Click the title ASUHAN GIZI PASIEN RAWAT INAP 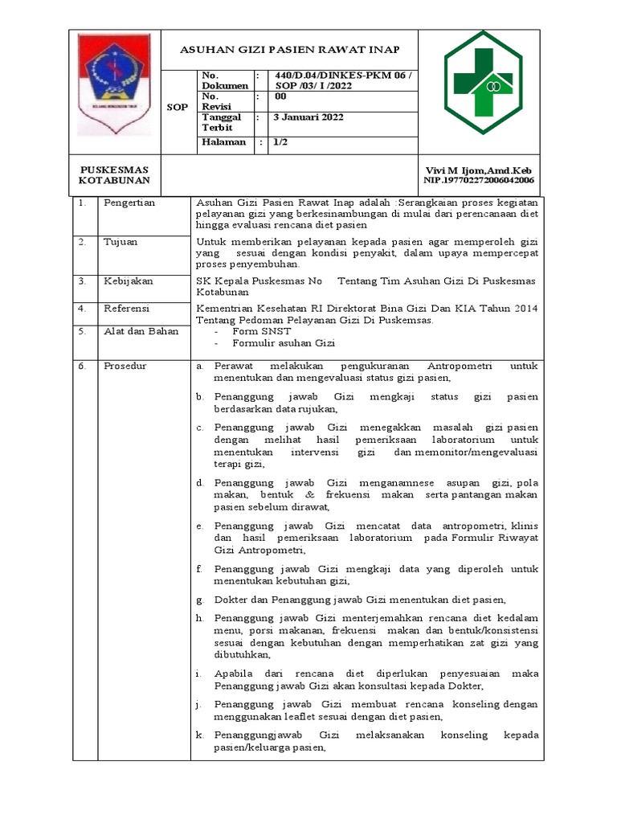pyautogui.click(x=288, y=49)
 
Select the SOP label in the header pyautogui.click(x=177, y=106)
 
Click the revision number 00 pyautogui.click(x=280, y=96)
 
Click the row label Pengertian pyautogui.click(x=129, y=203)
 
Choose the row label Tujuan pyautogui.click(x=121, y=242)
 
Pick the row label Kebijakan pyautogui.click(x=128, y=281)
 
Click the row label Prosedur pyautogui.click(x=125, y=366)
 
